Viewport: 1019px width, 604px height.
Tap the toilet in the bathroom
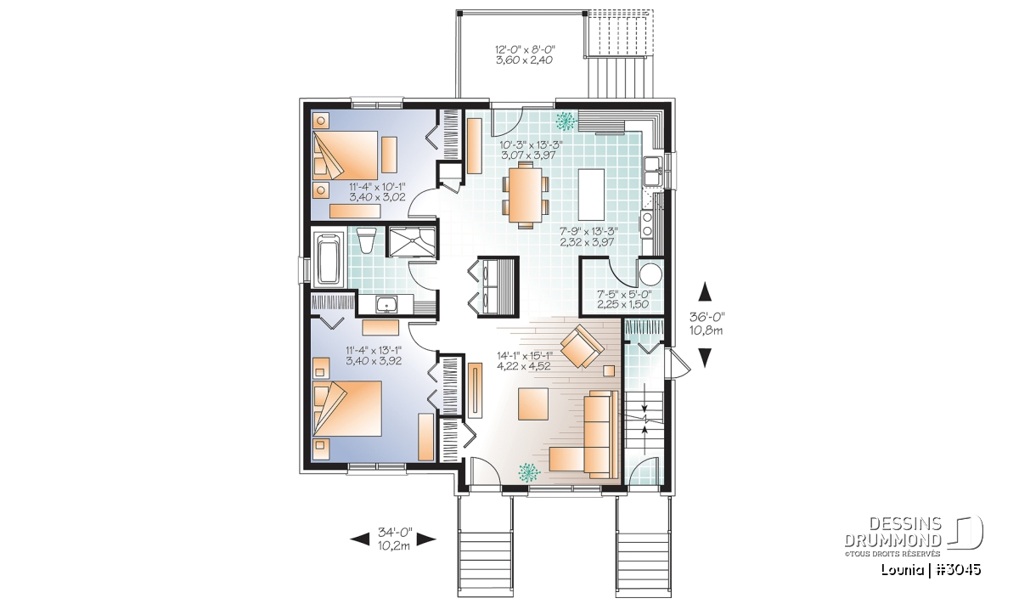point(367,240)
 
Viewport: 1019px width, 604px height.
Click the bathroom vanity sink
point(386,304)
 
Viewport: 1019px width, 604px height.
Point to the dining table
point(526,195)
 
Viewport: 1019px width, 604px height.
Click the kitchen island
point(591,194)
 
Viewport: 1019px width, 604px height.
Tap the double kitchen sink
point(653,171)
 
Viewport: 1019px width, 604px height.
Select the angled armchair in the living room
point(583,346)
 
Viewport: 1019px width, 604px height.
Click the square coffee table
point(533,404)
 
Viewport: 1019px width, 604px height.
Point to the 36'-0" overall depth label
point(706,316)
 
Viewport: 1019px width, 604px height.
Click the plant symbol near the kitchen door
point(566,121)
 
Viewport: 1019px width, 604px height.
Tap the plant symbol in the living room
point(529,472)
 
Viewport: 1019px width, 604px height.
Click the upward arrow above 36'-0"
point(706,291)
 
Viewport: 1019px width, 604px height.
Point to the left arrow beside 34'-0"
point(359,539)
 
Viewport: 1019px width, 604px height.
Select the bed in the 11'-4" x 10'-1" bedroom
point(346,155)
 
